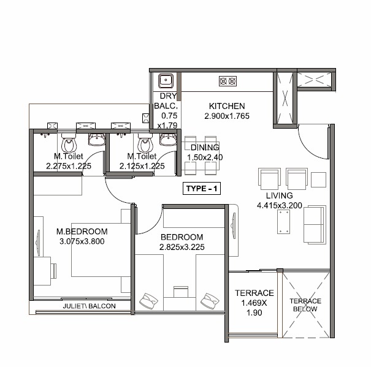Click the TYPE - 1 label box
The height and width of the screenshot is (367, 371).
coord(202,189)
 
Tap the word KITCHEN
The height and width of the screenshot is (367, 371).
coord(226,106)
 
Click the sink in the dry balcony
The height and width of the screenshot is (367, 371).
coord(165,80)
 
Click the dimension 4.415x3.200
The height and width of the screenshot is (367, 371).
coord(279,205)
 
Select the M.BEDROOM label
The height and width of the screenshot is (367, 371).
coord(82,232)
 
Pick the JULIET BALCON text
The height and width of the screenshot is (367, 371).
coord(89,306)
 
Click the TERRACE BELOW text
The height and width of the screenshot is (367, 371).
coord(305,305)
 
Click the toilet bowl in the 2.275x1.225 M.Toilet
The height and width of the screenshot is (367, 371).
coord(69,145)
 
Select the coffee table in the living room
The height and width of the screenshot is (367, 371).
coord(285,222)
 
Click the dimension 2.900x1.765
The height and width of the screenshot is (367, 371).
coord(226,116)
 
